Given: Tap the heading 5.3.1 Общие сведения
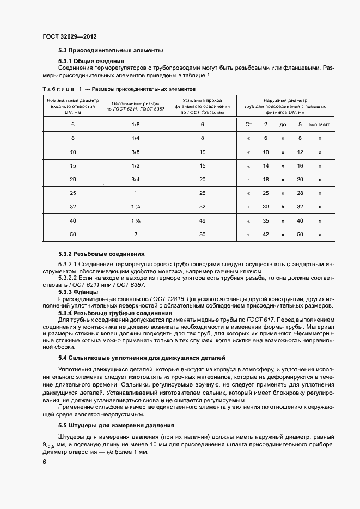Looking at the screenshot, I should pyautogui.click(x=91, y=61).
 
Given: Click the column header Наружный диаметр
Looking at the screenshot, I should pyautogui.click(x=285, y=100).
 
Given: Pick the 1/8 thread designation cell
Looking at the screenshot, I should pyautogui.click(x=136, y=125).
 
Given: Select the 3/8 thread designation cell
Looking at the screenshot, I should pyautogui.click(x=136, y=152).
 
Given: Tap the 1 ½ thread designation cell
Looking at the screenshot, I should pyautogui.click(x=136, y=220).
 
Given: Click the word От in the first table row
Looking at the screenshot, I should pyautogui.click(x=248, y=125).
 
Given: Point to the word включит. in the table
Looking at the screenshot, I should pyautogui.click(x=320, y=125).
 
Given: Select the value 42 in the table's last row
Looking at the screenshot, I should pyautogui.click(x=266, y=235).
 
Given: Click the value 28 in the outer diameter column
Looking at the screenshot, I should pyautogui.click(x=300, y=193).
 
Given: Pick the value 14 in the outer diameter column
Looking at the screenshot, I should pyautogui.click(x=266, y=165).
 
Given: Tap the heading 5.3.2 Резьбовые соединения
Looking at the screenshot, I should pyautogui.click(x=101, y=254).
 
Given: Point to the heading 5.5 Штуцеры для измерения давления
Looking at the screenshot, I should pyautogui.click(x=116, y=425).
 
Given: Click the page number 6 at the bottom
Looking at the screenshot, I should pyautogui.click(x=45, y=462).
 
